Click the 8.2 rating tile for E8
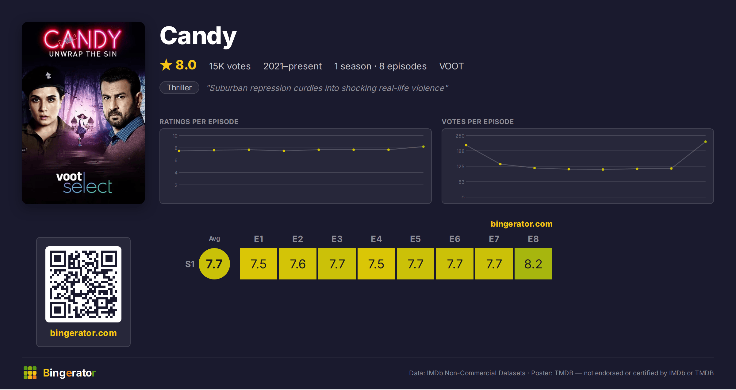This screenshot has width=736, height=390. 533,264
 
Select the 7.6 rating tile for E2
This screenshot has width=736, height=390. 297,264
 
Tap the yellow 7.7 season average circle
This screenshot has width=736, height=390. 214,264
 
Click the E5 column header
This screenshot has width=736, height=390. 415,239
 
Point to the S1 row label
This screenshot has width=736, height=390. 190,264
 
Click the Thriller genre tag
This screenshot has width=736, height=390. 179,88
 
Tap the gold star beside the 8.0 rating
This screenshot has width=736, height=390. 166,65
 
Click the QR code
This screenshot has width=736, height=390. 83,284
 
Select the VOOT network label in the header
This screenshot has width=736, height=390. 451,66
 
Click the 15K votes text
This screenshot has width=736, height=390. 230,66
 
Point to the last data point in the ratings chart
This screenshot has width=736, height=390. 424,147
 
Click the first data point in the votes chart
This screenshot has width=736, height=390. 466,145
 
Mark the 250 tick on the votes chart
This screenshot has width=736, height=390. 460,136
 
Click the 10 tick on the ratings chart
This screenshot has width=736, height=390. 175,136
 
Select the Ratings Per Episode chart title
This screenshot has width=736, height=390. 199,122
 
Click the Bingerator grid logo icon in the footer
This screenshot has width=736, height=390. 30,373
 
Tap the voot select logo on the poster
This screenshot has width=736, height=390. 84,183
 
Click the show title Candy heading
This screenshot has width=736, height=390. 198,36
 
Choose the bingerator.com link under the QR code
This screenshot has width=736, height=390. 83,333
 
